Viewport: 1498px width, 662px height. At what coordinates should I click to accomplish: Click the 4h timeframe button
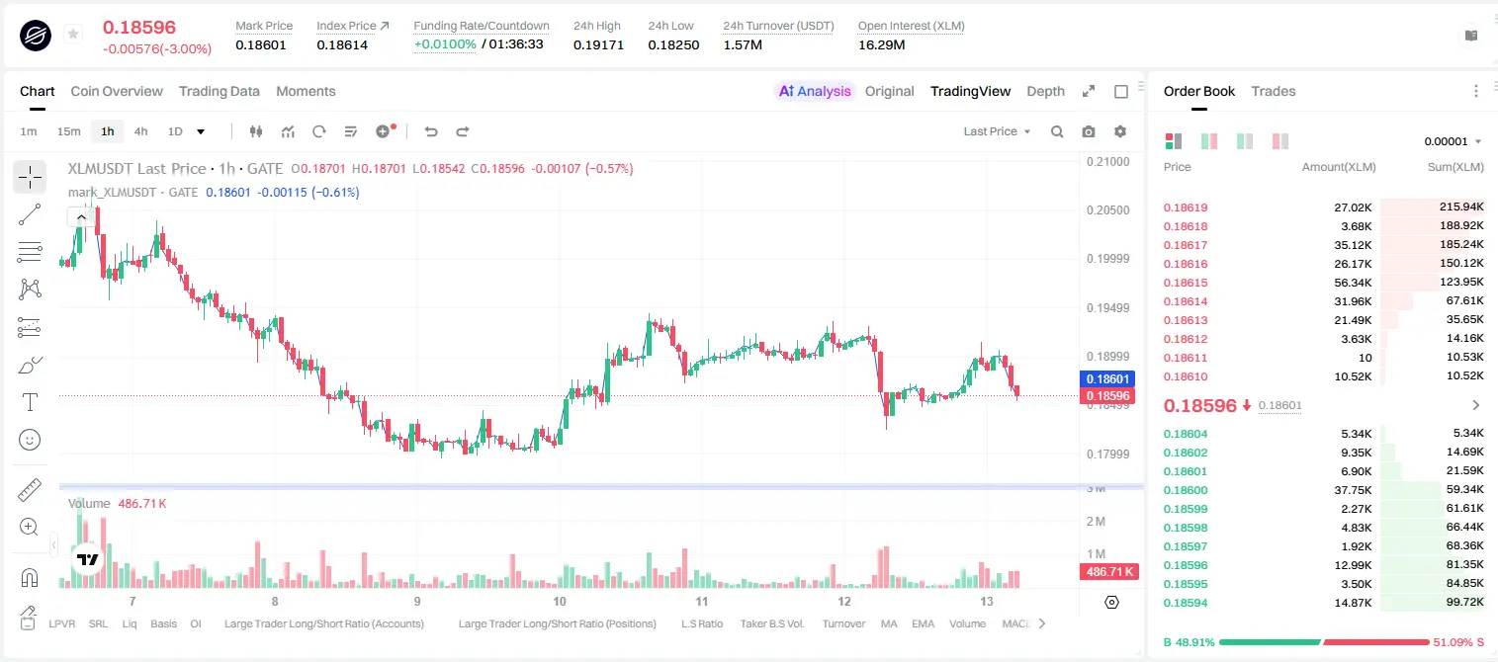pyautogui.click(x=140, y=131)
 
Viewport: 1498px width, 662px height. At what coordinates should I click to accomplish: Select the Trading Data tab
pyautogui.click(x=220, y=91)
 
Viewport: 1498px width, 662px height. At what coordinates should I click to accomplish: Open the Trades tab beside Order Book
pyautogui.click(x=1274, y=91)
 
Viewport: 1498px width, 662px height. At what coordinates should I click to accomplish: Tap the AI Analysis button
pyautogui.click(x=815, y=91)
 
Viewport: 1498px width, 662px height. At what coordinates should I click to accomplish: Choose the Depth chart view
pyautogui.click(x=1045, y=91)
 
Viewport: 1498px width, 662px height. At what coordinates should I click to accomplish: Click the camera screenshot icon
pyautogui.click(x=1089, y=131)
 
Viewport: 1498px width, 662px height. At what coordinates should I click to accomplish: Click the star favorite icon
pyautogui.click(x=73, y=34)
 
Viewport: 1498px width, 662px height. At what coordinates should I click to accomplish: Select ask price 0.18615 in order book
pyautogui.click(x=1185, y=283)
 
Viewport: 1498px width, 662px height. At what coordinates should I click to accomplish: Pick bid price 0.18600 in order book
pyautogui.click(x=1185, y=490)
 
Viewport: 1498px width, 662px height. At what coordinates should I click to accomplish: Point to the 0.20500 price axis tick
pyautogui.click(x=1108, y=209)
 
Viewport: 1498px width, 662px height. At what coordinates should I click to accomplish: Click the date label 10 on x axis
pyautogui.click(x=559, y=601)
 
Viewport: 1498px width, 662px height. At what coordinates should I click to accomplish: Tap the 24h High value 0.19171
pyautogui.click(x=598, y=44)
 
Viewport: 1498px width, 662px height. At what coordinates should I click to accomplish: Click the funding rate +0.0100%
pyautogui.click(x=445, y=44)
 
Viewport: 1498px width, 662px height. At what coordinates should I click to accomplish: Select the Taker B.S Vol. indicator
pyautogui.click(x=771, y=623)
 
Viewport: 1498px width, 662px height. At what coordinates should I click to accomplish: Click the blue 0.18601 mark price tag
pyautogui.click(x=1106, y=378)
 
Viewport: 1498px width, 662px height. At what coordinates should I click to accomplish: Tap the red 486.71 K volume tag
pyautogui.click(x=1108, y=572)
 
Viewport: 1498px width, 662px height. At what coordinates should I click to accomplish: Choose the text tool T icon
pyautogui.click(x=30, y=402)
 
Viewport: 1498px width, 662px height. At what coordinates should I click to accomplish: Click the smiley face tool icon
pyautogui.click(x=30, y=440)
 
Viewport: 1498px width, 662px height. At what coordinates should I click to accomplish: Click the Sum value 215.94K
pyautogui.click(x=1461, y=207)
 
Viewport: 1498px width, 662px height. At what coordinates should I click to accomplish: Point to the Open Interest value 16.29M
pyautogui.click(x=881, y=44)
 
